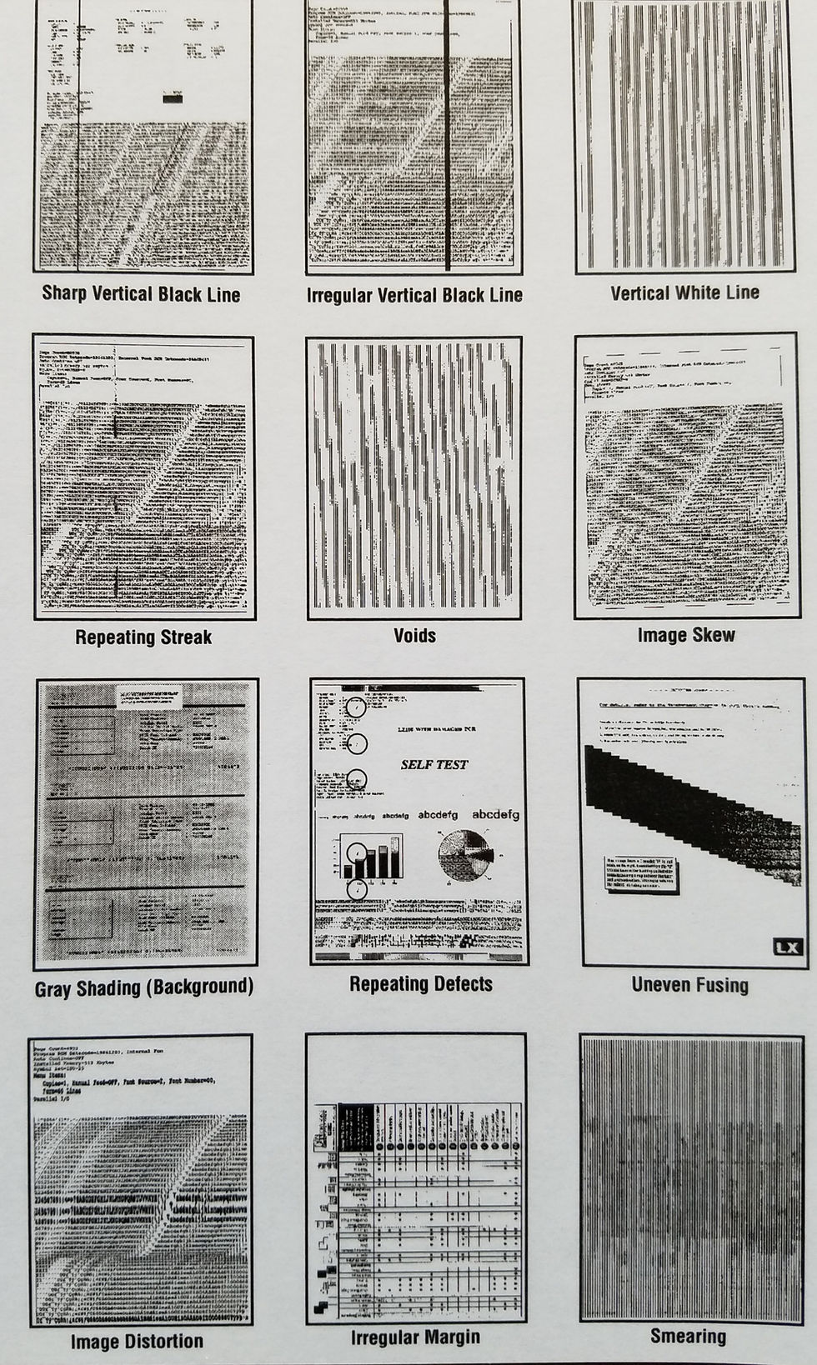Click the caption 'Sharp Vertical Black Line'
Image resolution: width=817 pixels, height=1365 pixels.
(x=141, y=294)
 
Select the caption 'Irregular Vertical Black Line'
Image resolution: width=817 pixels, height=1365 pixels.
(x=414, y=295)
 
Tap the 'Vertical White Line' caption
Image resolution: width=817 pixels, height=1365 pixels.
(x=684, y=292)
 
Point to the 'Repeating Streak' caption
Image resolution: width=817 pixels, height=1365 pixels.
(x=143, y=637)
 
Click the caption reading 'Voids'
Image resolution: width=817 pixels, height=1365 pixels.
(x=414, y=636)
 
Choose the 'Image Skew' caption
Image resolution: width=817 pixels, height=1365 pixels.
(x=686, y=635)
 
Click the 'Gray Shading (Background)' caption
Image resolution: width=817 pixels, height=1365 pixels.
(x=144, y=988)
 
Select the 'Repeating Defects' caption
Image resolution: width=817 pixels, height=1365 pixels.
(x=420, y=984)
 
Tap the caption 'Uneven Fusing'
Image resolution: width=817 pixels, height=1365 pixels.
(x=689, y=985)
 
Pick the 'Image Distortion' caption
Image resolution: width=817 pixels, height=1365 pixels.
(x=137, y=1342)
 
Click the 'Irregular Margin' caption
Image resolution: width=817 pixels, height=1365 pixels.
(x=415, y=1337)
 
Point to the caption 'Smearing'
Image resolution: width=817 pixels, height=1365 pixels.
(x=688, y=1337)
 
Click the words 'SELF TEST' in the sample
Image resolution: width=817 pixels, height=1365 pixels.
(x=434, y=764)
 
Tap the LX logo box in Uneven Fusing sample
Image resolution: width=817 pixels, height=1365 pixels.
(x=787, y=947)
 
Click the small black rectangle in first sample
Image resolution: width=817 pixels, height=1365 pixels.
(x=173, y=98)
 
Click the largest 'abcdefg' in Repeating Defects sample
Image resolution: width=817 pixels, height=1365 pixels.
(x=495, y=814)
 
